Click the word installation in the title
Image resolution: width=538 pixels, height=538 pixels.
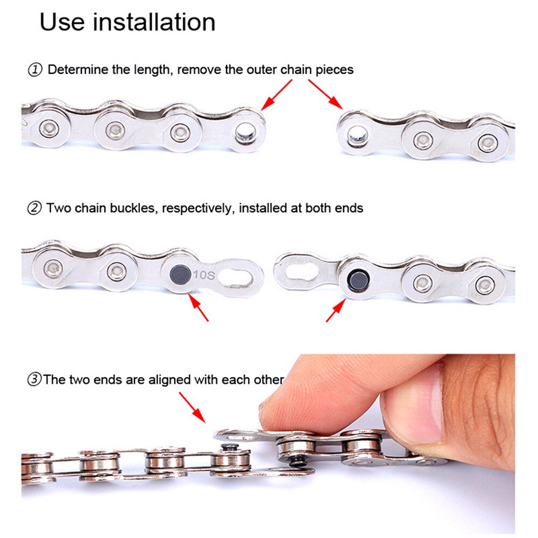[x=155, y=23]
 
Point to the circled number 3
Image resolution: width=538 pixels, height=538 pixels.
[x=34, y=380]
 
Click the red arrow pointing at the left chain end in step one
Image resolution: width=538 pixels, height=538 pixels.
[x=278, y=95]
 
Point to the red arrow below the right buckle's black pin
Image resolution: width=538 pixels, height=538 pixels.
[x=336, y=310]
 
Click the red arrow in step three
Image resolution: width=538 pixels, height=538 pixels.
[x=192, y=407]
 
